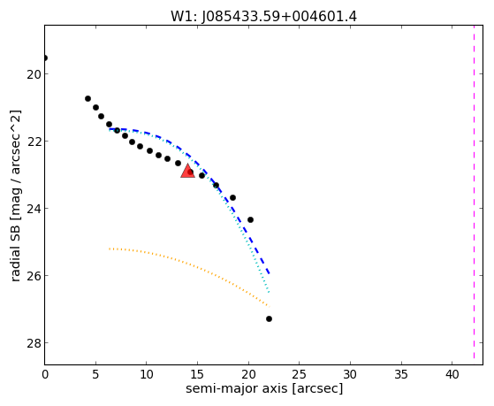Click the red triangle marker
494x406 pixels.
pyautogui.click(x=187, y=171)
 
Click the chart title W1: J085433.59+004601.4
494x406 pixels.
pyautogui.click(x=263, y=17)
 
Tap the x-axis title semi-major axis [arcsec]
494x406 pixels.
pyautogui.click(x=264, y=388)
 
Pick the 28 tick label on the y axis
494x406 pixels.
pyautogui.click(x=33, y=343)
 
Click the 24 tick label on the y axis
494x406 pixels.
pyautogui.click(x=33, y=209)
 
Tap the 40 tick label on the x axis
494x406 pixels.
pyautogui.click(x=452, y=374)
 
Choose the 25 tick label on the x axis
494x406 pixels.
pyautogui.click(x=300, y=374)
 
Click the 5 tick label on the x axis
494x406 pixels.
pyautogui.click(x=95, y=374)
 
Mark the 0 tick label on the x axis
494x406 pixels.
pyautogui.click(x=45, y=374)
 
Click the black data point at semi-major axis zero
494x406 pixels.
pyautogui.click(x=45, y=57)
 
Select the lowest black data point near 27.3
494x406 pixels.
pyautogui.click(x=269, y=319)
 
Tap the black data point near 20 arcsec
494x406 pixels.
pyautogui.click(x=250, y=219)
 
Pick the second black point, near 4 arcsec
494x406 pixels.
pyautogui.click(x=87, y=99)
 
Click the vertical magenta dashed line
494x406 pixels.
pyautogui.click(x=474, y=192)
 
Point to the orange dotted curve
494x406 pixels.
pyautogui.click(x=189, y=265)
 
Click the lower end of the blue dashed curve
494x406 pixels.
pyautogui.click(x=269, y=273)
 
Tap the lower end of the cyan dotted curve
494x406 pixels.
pyautogui.click(x=269, y=293)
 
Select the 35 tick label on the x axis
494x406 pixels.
pyautogui.click(x=401, y=374)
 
